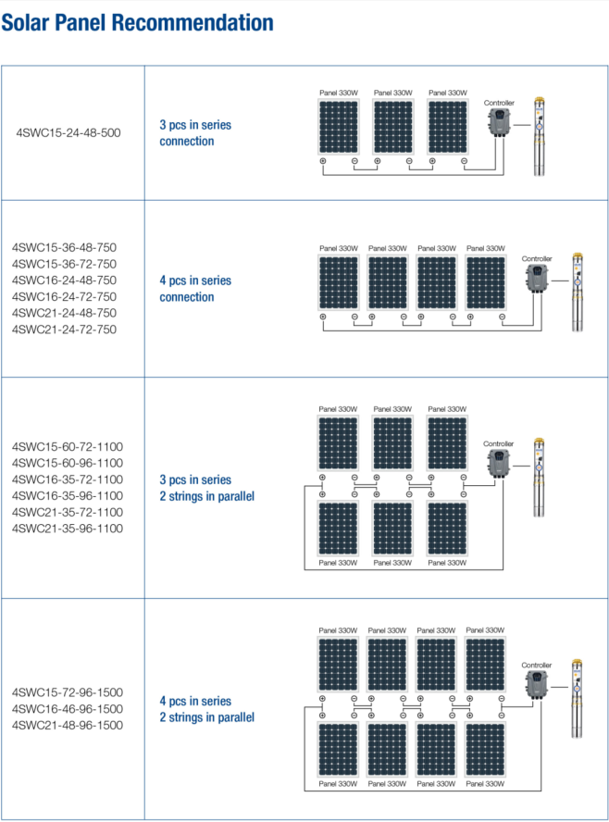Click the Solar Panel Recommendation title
[x=137, y=22]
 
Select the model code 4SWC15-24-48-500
[x=68, y=132]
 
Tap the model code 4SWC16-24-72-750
[x=64, y=296]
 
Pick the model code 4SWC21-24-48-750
[x=64, y=313]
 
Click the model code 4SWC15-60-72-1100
[x=67, y=446]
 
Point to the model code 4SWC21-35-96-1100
[x=67, y=529]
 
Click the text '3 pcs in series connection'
[x=195, y=133]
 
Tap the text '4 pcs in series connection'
[x=195, y=289]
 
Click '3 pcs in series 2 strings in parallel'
[x=206, y=488]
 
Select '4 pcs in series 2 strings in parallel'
[x=206, y=709]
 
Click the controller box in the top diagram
[x=500, y=122]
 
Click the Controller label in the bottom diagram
[x=536, y=666]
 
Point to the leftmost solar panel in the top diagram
[x=339, y=127]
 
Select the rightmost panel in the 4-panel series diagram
[x=486, y=282]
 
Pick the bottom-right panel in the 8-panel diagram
[x=486, y=751]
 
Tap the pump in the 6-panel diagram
[x=540, y=477]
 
